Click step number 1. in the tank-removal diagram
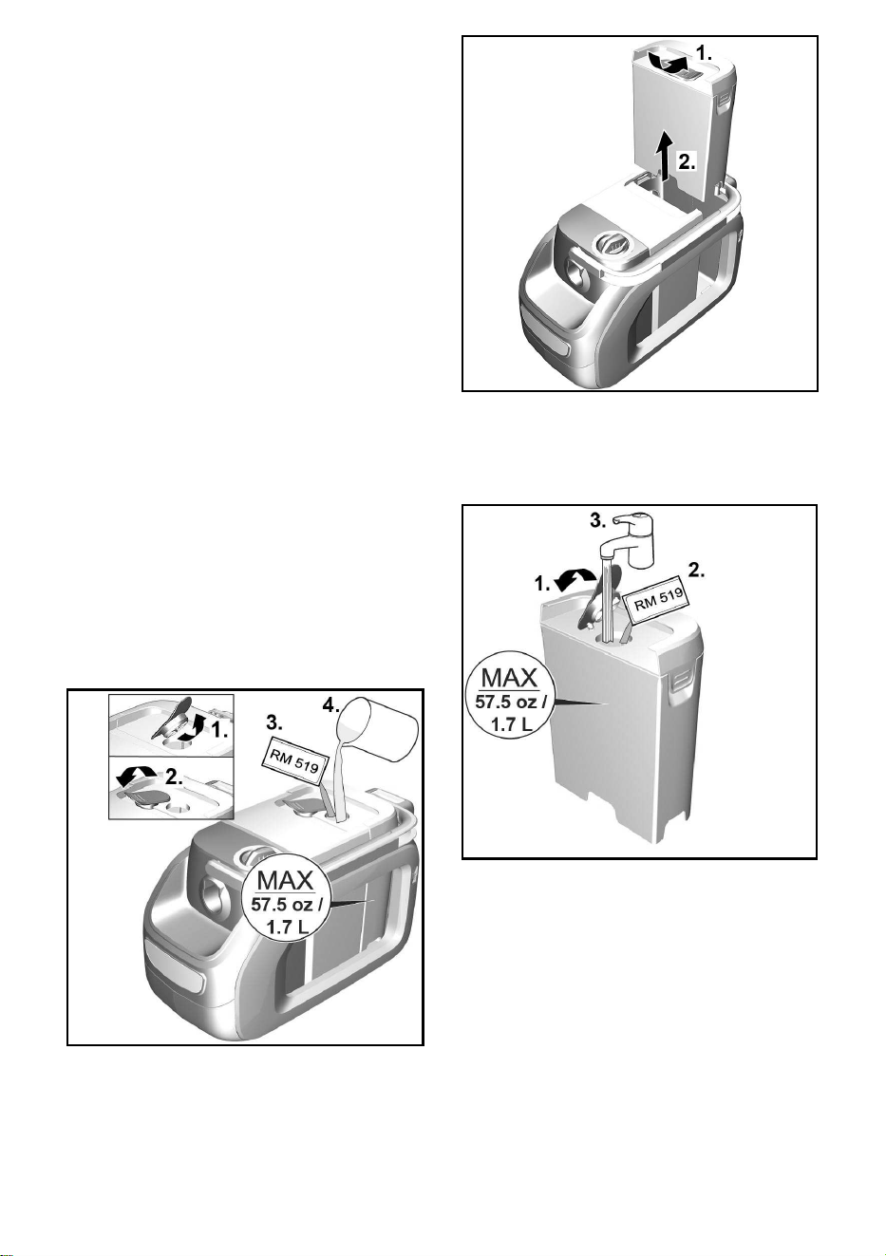(704, 53)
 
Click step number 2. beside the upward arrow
(688, 161)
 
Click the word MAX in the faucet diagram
(510, 678)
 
